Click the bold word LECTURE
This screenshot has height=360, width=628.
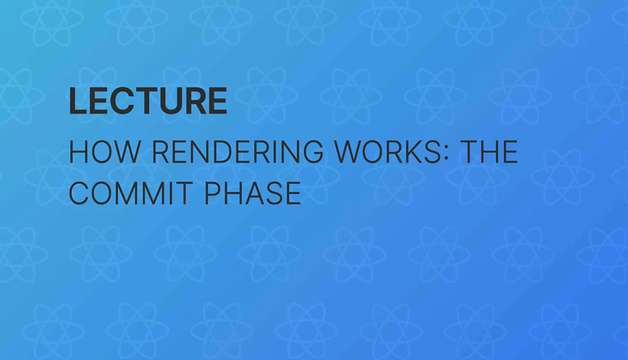pyautogui.click(x=148, y=102)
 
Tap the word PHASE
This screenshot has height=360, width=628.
pyautogui.click(x=253, y=193)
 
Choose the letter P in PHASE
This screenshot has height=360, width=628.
pyautogui.click(x=212, y=193)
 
